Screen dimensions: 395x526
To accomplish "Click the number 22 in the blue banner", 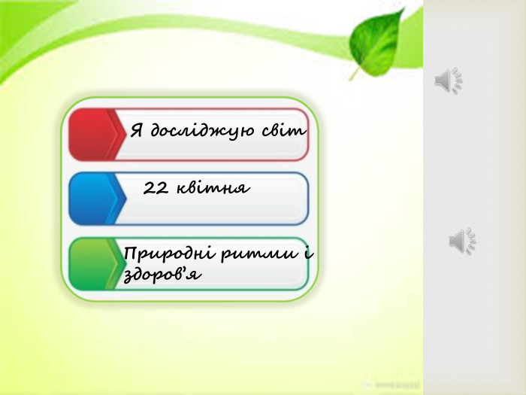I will [156, 187].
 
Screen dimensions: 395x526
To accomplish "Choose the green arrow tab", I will [95, 264].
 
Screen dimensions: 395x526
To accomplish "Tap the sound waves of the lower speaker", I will [471, 241].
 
